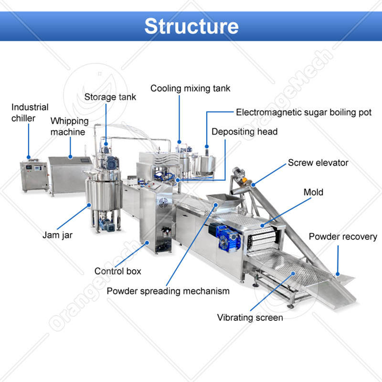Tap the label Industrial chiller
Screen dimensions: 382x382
click(x=30, y=113)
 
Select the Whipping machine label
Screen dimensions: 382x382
click(x=68, y=126)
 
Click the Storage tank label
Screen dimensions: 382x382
click(x=110, y=97)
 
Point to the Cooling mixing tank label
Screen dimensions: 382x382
click(x=190, y=88)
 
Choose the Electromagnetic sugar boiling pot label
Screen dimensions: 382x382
click(x=304, y=113)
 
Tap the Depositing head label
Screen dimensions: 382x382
click(x=244, y=132)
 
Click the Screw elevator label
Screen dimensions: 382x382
click(x=318, y=163)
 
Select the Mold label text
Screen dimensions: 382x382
click(x=313, y=192)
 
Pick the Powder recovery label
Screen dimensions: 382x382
click(x=343, y=237)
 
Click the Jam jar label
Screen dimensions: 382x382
click(x=57, y=235)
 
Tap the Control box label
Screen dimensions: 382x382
click(x=118, y=271)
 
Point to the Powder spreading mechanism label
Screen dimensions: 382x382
click(x=168, y=291)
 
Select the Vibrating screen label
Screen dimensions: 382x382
click(x=250, y=318)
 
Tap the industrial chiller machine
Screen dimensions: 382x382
click(x=34, y=177)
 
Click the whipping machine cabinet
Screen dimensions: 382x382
click(x=69, y=174)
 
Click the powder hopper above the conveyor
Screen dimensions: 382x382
click(x=223, y=202)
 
